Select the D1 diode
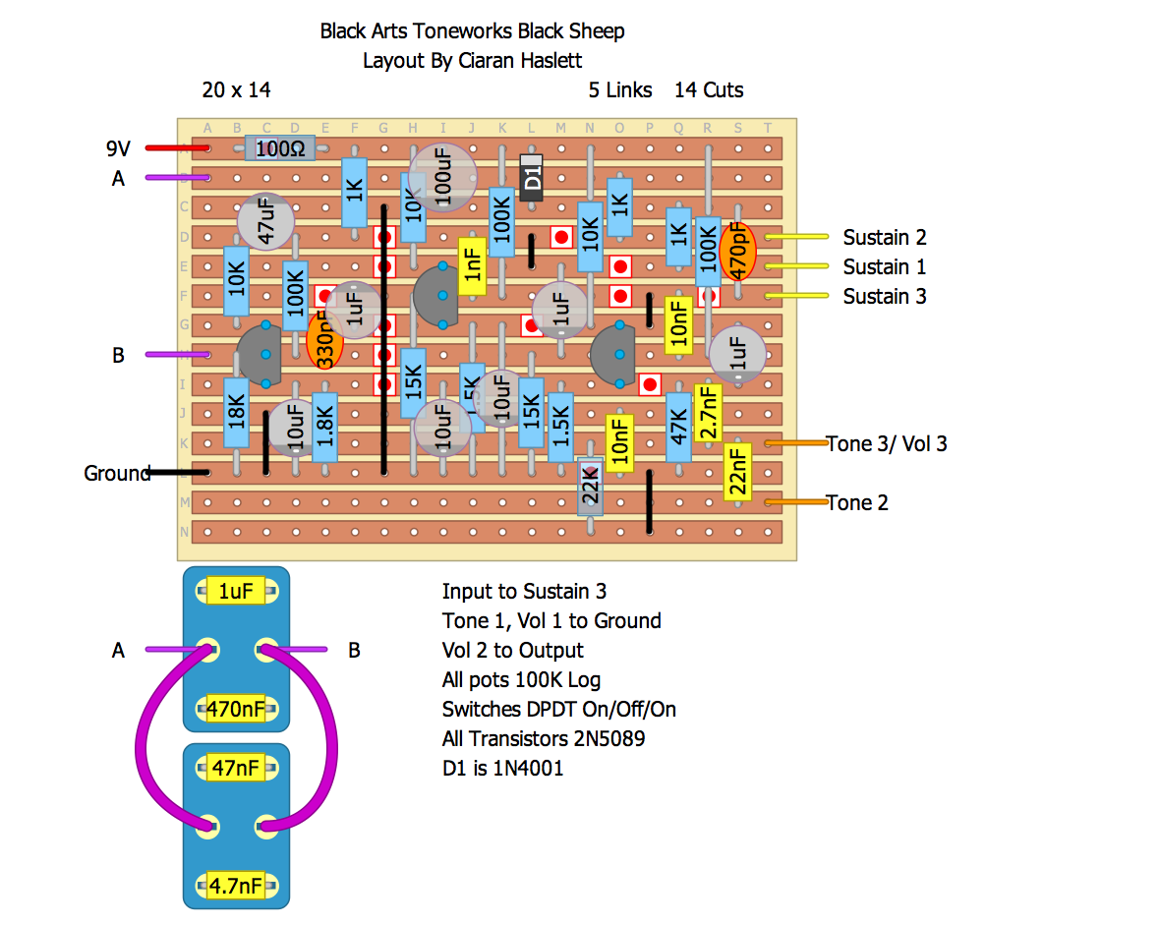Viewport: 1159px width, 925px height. [x=532, y=178]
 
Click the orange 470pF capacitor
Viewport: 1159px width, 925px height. [x=737, y=252]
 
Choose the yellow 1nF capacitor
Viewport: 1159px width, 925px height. [x=473, y=266]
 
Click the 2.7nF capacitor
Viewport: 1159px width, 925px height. [x=707, y=412]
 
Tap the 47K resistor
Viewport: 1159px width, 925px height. [x=678, y=428]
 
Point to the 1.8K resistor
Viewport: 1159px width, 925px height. [x=324, y=428]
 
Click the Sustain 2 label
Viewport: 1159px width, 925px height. [x=884, y=237]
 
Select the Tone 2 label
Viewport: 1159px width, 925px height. [x=856, y=502]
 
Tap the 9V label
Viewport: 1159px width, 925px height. [x=118, y=148]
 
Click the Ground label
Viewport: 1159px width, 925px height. [x=116, y=473]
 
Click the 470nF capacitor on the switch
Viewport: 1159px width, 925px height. [x=236, y=709]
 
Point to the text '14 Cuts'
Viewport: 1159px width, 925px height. [x=708, y=90]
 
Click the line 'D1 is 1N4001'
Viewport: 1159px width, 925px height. [x=502, y=768]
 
